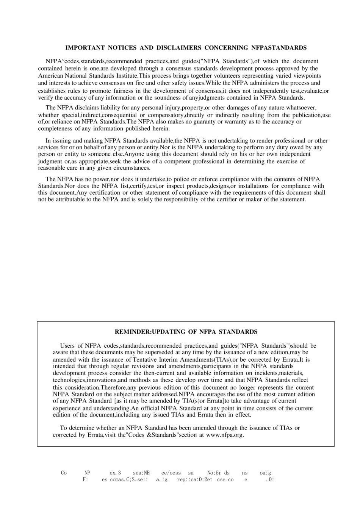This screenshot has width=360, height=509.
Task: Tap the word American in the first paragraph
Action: pyautogui.click(x=50, y=76)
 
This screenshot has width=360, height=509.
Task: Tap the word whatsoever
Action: pyautogui.click(x=300, y=108)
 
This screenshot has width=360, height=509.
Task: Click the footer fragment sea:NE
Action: pyautogui.click(x=141, y=473)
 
